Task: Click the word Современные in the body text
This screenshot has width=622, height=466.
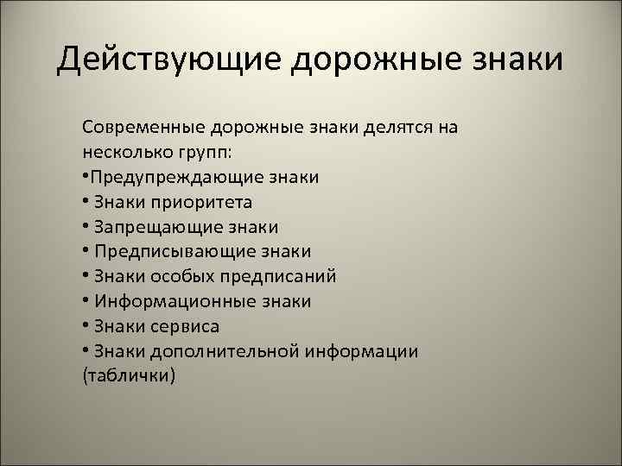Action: click(x=142, y=127)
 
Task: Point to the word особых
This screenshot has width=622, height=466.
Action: click(x=178, y=277)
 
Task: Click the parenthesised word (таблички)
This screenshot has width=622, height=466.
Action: click(x=129, y=377)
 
